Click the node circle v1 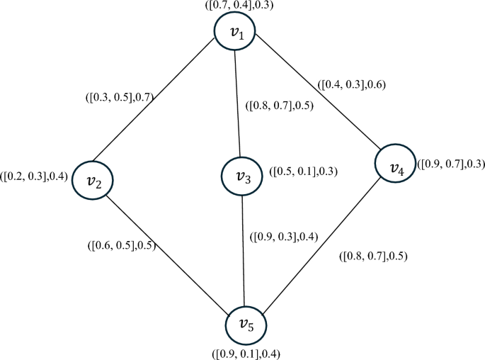tap(236, 34)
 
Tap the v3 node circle tap(242, 176)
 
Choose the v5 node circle tap(245, 325)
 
